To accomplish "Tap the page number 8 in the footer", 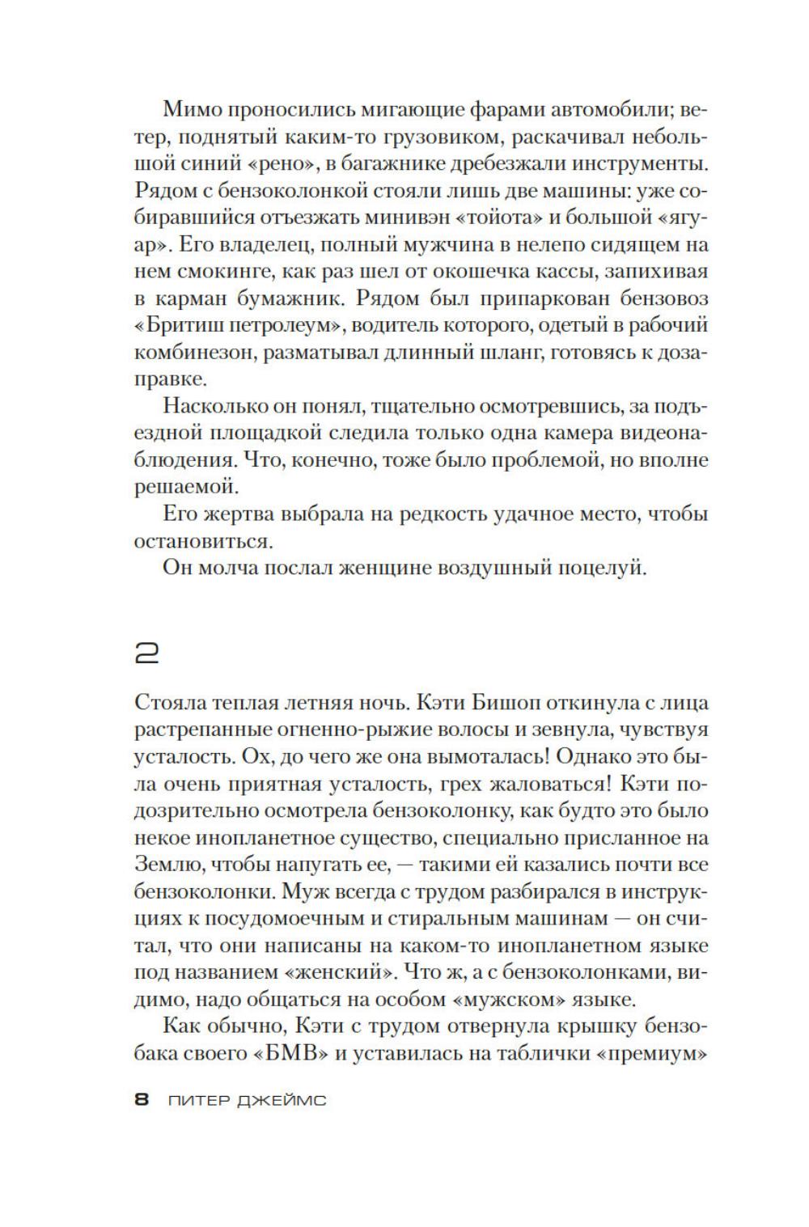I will (x=142, y=1100).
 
